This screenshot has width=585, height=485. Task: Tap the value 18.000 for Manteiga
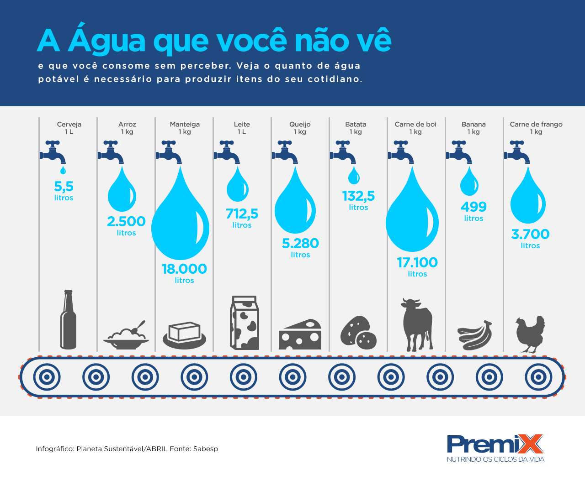(184, 269)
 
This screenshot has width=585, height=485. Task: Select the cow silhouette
(416, 324)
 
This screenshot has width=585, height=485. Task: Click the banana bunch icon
(475, 335)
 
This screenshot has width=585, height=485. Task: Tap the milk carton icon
(245, 323)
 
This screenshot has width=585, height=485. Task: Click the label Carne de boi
(415, 124)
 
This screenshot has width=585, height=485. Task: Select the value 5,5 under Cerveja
(64, 186)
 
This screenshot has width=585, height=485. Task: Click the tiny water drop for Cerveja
(63, 170)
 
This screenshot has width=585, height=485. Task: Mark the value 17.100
(417, 262)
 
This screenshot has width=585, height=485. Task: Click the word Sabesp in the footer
(206, 449)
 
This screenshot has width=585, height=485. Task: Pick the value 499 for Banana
(473, 207)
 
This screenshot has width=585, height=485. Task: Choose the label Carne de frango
(536, 124)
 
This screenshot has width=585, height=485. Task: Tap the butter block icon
(185, 334)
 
